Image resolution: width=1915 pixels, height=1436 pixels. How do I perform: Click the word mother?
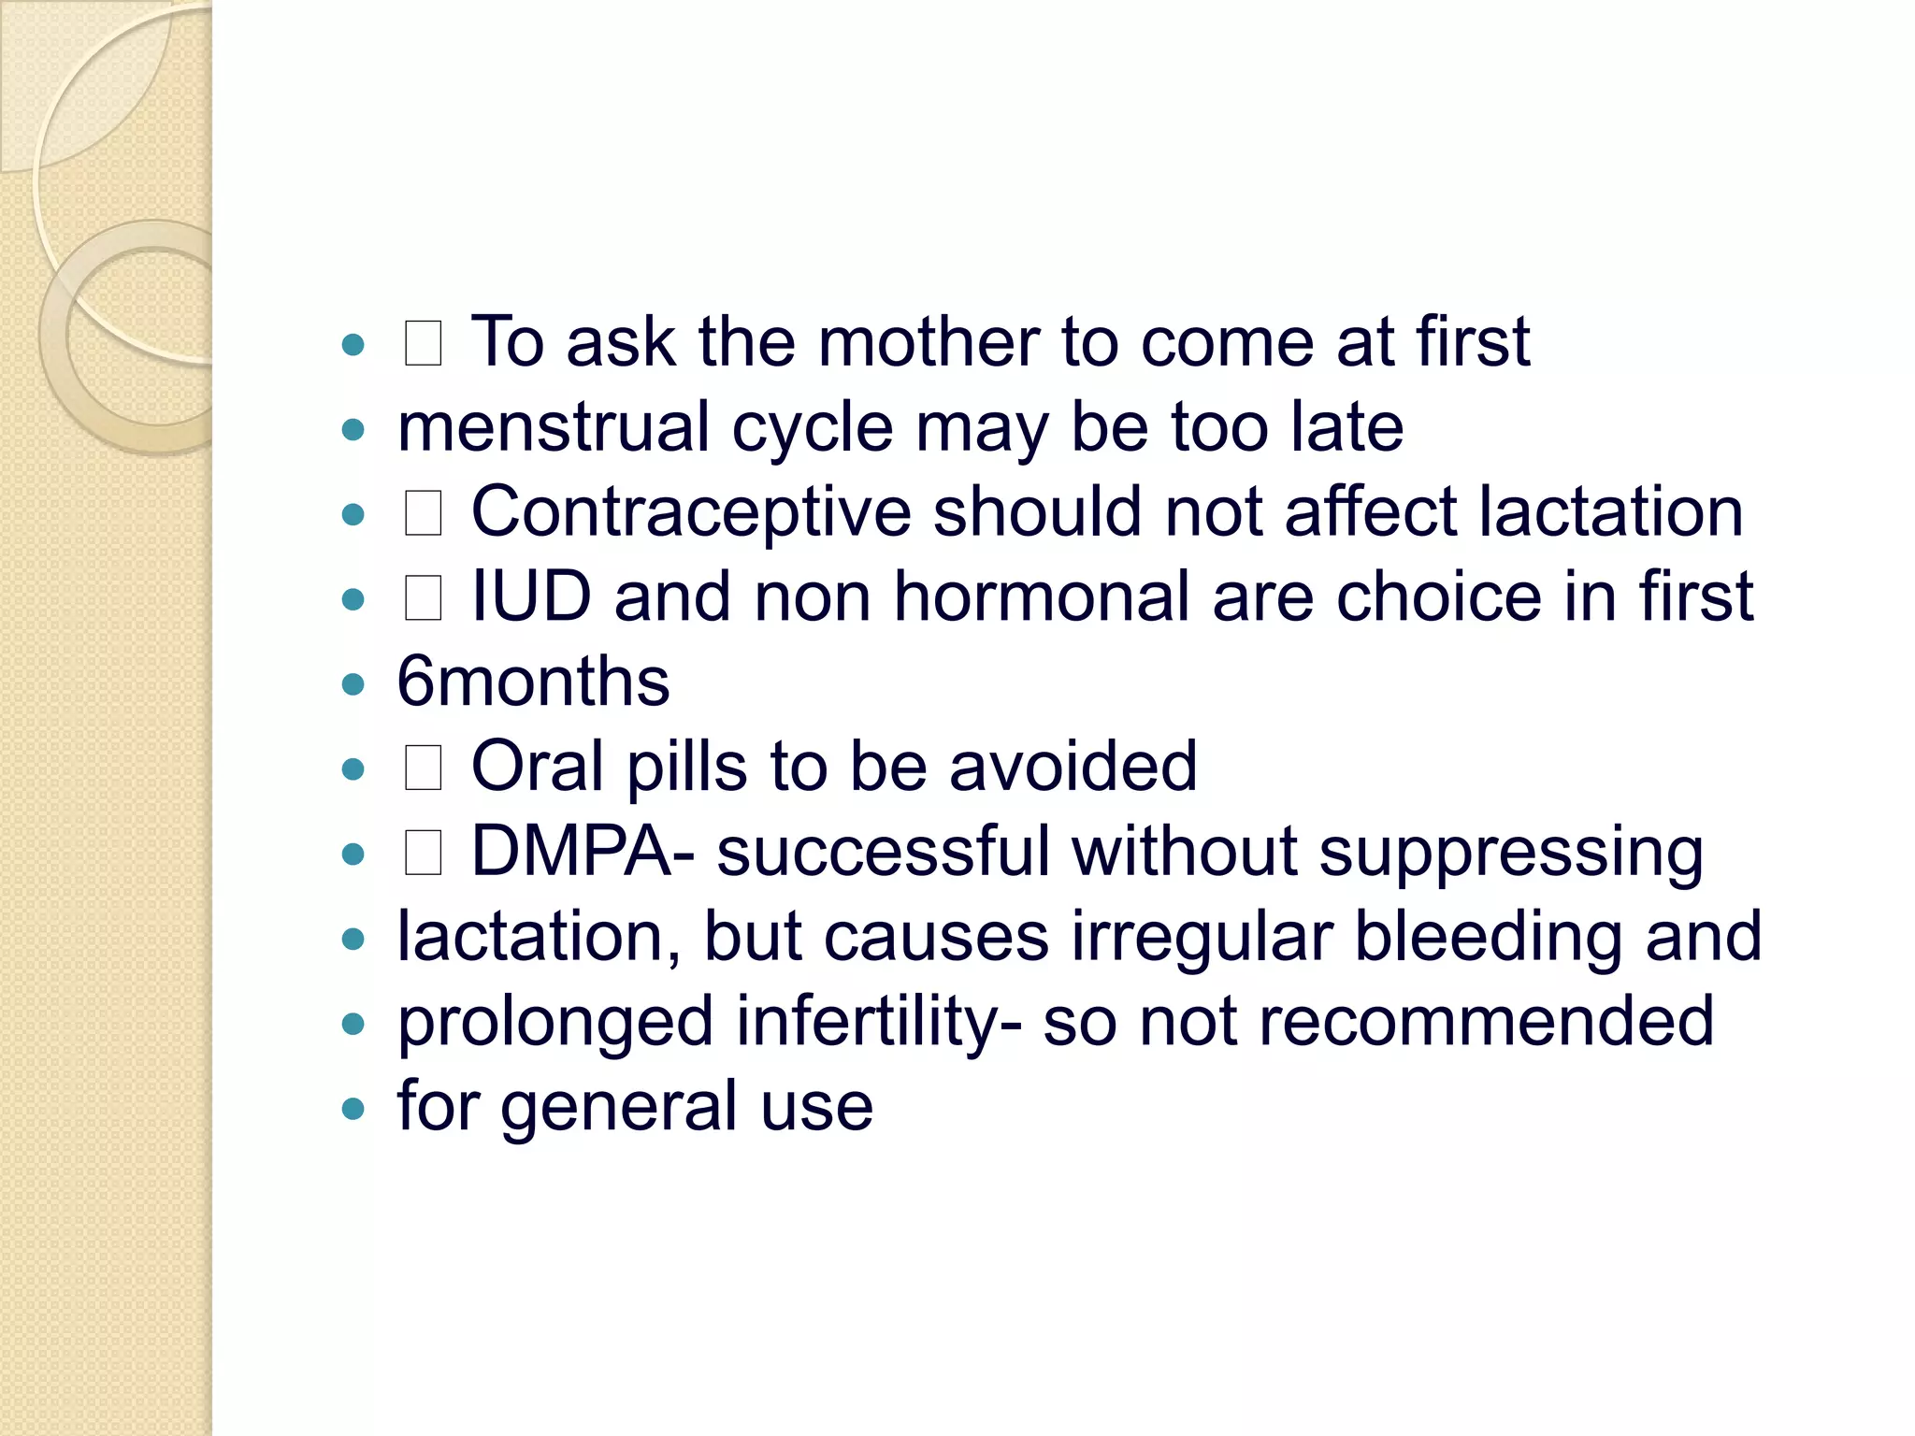coord(928,342)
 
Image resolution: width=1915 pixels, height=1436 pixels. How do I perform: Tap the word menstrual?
coord(554,428)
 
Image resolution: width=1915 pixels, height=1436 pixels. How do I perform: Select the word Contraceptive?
coord(690,513)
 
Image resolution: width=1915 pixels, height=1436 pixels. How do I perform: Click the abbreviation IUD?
coord(531,597)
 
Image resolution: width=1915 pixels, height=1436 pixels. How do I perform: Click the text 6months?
coord(533,682)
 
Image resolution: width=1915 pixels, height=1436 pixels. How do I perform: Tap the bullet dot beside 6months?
coord(353,684)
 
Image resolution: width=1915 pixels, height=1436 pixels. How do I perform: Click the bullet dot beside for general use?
coord(353,1110)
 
